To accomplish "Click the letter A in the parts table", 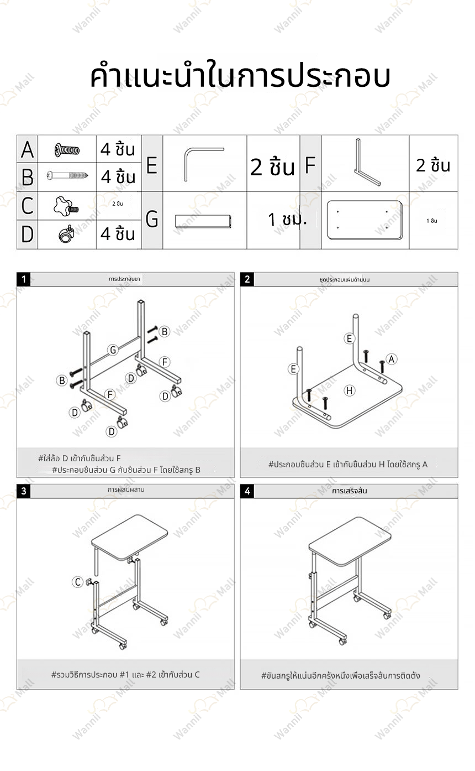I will click(27, 149).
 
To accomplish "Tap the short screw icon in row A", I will click(67, 149).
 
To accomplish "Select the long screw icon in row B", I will click(67, 176).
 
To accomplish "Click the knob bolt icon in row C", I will click(66, 206).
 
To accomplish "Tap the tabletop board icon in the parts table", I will click(364, 220).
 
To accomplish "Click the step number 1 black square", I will click(24, 279).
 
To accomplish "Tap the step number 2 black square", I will click(247, 279).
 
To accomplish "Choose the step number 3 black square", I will click(24, 491).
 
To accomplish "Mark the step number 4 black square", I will click(247, 491).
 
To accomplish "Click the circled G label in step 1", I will click(113, 350).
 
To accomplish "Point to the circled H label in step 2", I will click(349, 390).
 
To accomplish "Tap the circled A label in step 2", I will click(391, 358).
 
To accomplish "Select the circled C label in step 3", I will click(78, 582).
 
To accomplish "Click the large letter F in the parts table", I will click(310, 165).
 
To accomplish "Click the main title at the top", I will click(240, 77).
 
